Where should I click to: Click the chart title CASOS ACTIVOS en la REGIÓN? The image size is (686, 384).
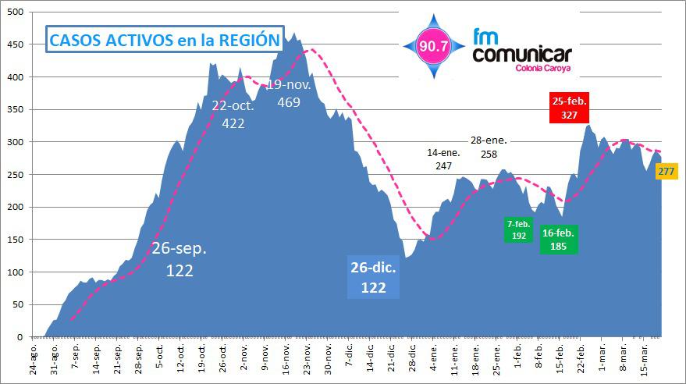[x=164, y=41]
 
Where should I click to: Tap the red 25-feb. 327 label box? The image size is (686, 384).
[x=569, y=108]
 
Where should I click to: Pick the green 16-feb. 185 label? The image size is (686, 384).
[x=559, y=239]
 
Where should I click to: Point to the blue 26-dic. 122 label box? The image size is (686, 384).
[x=373, y=277]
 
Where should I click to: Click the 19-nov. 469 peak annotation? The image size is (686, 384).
[x=289, y=93]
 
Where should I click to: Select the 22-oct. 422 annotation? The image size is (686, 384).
[x=233, y=115]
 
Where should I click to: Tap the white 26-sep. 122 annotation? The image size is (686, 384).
[x=179, y=259]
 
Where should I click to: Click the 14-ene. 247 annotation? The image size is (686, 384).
[x=444, y=159]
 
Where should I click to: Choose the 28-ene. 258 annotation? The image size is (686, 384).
[x=489, y=147]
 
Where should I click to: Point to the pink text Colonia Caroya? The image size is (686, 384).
[x=543, y=69]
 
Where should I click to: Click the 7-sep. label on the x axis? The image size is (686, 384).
[x=75, y=357]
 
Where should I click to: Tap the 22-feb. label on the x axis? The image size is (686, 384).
[x=581, y=357]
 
